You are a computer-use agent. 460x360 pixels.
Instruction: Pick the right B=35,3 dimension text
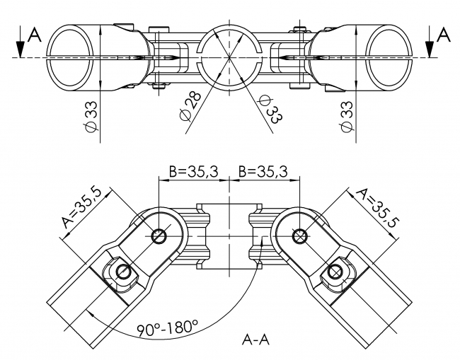coord(263,172)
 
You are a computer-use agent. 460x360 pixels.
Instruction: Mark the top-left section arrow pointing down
coord(23,44)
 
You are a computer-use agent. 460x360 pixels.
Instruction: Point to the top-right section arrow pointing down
coord(430,44)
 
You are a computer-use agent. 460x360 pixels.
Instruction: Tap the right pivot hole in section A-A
coord(300,236)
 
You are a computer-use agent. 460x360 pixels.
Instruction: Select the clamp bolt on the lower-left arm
coord(122,272)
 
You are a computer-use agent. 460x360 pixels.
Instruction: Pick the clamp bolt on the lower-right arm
coord(333,272)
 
